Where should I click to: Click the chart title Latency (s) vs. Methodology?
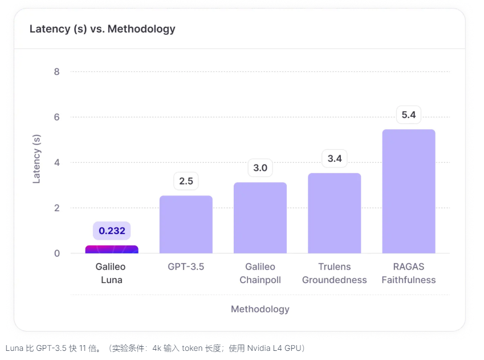[x=102, y=28]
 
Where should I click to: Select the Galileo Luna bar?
[x=112, y=249]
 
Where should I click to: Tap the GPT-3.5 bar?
[x=186, y=224]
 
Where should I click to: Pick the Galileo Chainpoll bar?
[x=260, y=218]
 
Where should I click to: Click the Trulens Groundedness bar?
[x=334, y=213]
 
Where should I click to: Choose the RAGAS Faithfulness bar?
[x=408, y=191]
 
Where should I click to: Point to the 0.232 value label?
[x=112, y=231]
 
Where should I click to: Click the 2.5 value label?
[x=186, y=181]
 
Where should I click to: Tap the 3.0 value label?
[x=260, y=168]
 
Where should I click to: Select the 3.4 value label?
[x=334, y=158]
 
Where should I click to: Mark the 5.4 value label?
[x=408, y=115]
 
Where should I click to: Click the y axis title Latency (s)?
[x=36, y=158]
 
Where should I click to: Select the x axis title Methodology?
[x=260, y=309]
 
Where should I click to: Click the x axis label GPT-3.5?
[x=186, y=267]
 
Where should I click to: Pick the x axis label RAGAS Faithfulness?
[x=408, y=273]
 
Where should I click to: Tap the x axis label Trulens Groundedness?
[x=334, y=273]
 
